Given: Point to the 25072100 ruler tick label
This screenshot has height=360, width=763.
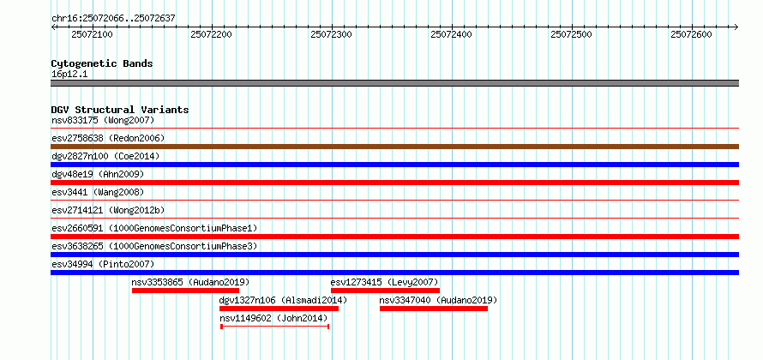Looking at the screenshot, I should (91, 34).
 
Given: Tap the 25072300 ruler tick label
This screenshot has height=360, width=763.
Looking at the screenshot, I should (331, 34).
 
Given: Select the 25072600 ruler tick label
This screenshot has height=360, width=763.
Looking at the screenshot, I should (691, 34).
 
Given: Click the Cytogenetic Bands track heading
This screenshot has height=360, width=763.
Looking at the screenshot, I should (102, 63).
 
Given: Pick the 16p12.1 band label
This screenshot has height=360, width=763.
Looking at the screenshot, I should (69, 74).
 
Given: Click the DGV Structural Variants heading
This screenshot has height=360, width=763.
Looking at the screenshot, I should (120, 110).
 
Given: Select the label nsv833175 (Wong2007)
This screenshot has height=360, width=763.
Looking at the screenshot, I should (103, 120).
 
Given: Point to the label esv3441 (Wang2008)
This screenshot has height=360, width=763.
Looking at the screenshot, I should (98, 192).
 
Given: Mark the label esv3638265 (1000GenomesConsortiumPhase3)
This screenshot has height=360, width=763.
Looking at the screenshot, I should (153, 246).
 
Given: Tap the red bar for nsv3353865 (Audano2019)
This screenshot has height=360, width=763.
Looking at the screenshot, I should (185, 291).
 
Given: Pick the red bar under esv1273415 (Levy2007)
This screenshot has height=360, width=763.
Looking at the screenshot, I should (385, 291).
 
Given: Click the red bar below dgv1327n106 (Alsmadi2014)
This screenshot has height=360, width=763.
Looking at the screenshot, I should (279, 309).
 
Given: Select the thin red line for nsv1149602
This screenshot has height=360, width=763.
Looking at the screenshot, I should (274, 327).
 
